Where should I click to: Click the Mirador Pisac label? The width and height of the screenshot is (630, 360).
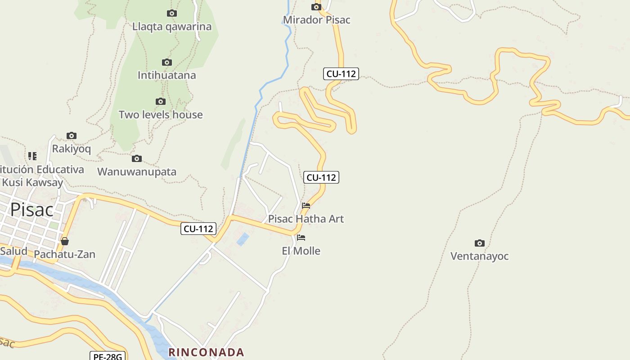(x=316, y=20)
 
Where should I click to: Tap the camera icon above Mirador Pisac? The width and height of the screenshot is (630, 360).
(x=316, y=7)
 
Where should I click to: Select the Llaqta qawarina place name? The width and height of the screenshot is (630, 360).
(x=172, y=27)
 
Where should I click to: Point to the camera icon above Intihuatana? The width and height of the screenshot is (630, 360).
(x=167, y=62)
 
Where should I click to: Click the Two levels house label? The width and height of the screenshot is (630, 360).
(x=161, y=115)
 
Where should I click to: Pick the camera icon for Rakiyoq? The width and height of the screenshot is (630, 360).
(x=72, y=135)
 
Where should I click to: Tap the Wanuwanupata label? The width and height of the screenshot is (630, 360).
(x=137, y=171)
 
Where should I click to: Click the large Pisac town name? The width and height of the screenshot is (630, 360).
(x=31, y=210)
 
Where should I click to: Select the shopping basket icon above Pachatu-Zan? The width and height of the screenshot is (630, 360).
(x=65, y=241)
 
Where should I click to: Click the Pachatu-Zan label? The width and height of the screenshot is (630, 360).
(x=65, y=254)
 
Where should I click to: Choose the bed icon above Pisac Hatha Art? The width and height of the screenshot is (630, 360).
(x=306, y=206)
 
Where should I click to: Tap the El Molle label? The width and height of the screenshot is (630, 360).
(x=301, y=251)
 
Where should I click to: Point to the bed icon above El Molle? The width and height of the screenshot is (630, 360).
(x=301, y=238)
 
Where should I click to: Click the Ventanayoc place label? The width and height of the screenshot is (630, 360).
(x=480, y=256)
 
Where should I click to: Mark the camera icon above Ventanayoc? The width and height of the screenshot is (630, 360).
(x=480, y=243)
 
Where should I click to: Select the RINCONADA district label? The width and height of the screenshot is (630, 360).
(x=206, y=352)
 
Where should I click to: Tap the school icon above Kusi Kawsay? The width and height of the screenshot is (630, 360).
(x=32, y=156)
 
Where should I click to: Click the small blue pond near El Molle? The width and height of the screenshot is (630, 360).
(x=243, y=239)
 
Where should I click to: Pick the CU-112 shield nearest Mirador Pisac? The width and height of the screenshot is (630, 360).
(x=341, y=74)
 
